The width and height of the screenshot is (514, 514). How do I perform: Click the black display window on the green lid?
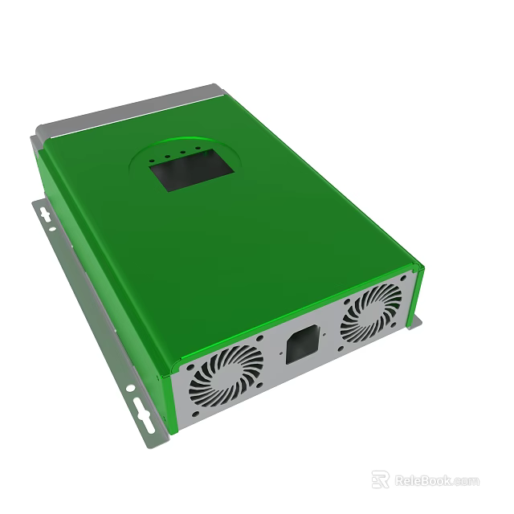pyautogui.click(x=192, y=169)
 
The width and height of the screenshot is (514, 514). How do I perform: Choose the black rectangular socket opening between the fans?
pyautogui.click(x=302, y=345)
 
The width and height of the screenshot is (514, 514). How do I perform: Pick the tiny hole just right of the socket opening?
pyautogui.click(x=324, y=328)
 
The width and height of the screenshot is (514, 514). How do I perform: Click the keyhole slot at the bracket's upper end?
pyautogui.click(x=46, y=215)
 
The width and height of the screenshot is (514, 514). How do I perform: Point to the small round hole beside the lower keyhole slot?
pyautogui.click(x=130, y=390)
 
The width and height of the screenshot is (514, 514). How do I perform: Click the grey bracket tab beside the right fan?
pyautogui.click(x=416, y=322)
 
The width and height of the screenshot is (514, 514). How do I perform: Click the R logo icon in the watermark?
pyautogui.click(x=381, y=479)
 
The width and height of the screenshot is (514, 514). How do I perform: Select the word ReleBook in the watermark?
pyautogui.click(x=422, y=480)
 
